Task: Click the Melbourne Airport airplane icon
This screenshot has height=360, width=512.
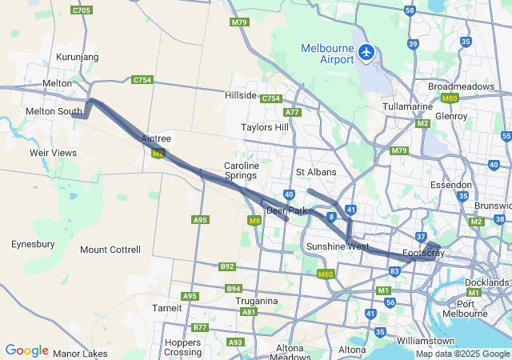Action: coord(367,52)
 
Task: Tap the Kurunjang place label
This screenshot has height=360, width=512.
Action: coord(77,58)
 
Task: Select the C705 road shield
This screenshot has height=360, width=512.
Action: coord(81,10)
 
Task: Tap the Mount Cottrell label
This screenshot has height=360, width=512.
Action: coord(110,250)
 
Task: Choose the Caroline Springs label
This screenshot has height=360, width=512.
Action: coord(241,170)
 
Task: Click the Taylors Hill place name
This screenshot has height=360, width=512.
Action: coord(265,127)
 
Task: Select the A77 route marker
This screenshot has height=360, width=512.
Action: coord(292,112)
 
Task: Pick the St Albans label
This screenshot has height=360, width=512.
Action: coord(316,172)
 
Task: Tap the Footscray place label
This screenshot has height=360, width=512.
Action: coord(423,254)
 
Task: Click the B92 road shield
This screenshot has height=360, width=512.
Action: coord(227,266)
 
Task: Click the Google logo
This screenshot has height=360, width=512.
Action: coord(26,350)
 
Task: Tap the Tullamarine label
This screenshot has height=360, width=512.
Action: coord(407,106)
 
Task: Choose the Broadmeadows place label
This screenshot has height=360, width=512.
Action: coord(462,86)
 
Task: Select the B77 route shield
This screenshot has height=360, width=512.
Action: coord(199,328)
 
